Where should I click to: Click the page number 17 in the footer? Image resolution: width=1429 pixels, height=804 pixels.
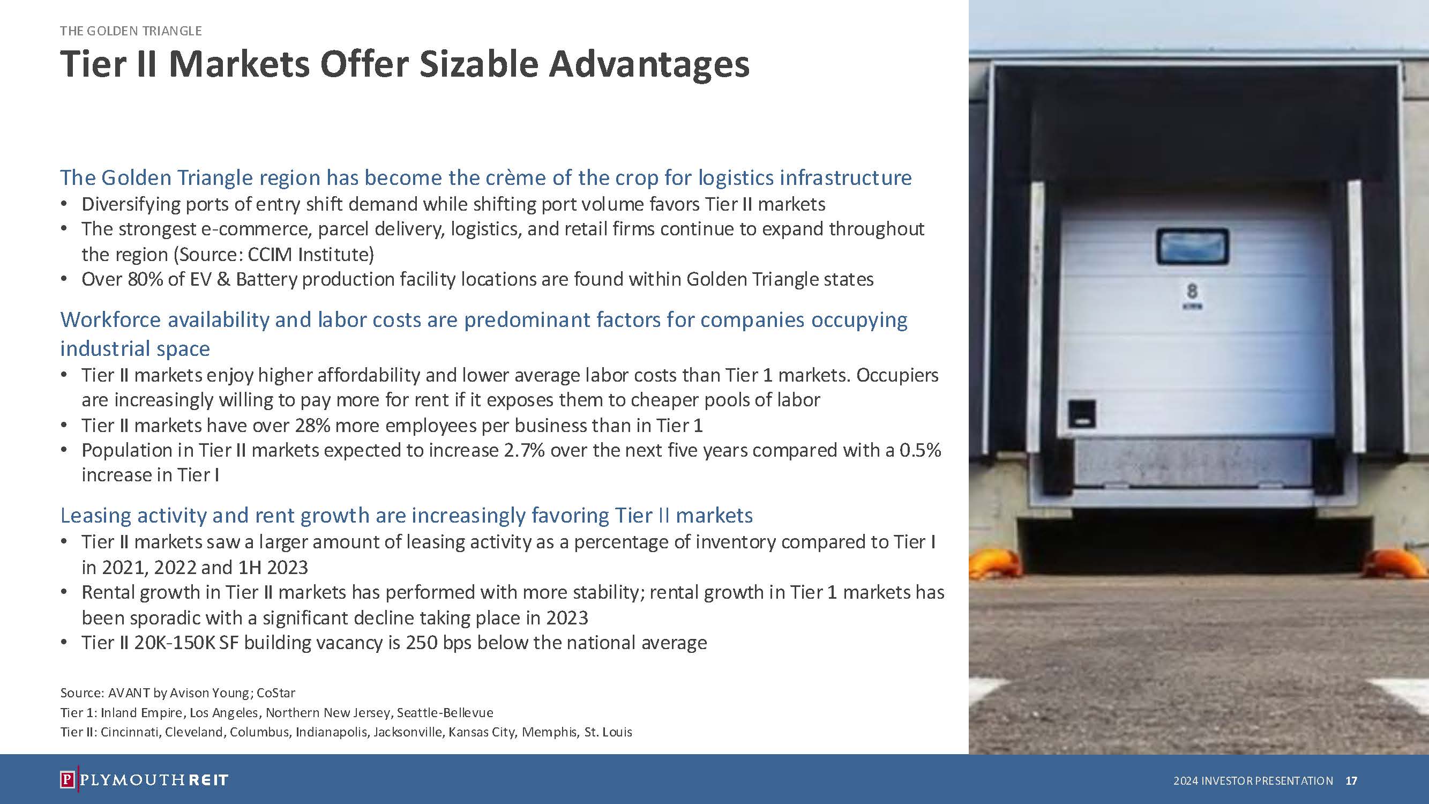pyautogui.click(x=1351, y=781)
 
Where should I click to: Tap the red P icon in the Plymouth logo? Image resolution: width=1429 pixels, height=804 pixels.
pyautogui.click(x=66, y=779)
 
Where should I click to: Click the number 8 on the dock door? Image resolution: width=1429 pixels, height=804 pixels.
pyautogui.click(x=1192, y=291)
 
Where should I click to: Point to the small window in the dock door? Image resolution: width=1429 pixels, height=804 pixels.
pyautogui.click(x=1192, y=247)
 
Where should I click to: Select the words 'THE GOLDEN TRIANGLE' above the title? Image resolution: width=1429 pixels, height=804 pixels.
pyautogui.click(x=131, y=31)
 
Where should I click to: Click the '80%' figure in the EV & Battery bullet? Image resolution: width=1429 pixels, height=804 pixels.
pyautogui.click(x=145, y=279)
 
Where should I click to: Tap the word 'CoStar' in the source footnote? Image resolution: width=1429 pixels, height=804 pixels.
pyautogui.click(x=276, y=693)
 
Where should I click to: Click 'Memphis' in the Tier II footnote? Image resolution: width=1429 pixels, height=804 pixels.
pyautogui.click(x=549, y=732)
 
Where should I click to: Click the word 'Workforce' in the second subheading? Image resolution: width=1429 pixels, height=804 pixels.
pyautogui.click(x=111, y=319)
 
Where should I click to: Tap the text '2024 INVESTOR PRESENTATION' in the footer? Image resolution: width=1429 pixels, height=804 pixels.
pyautogui.click(x=1253, y=781)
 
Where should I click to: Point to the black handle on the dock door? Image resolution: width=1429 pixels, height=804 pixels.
pyautogui.click(x=1082, y=413)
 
